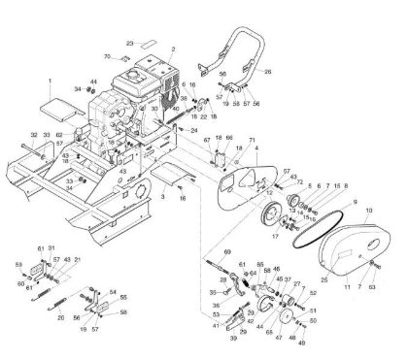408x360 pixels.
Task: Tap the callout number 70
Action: pos(107,58)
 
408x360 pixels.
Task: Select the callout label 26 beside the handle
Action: pos(268,71)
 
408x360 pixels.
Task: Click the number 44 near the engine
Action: pos(93,82)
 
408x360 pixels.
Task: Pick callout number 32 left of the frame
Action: pos(33,135)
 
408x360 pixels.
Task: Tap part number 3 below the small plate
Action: pos(163,197)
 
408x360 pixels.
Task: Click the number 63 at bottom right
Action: pos(372,288)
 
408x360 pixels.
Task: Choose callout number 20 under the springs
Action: pos(60,317)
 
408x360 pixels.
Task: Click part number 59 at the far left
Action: pos(18,264)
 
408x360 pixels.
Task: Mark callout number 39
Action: pos(233,339)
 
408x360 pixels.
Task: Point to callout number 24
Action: pos(194,128)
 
